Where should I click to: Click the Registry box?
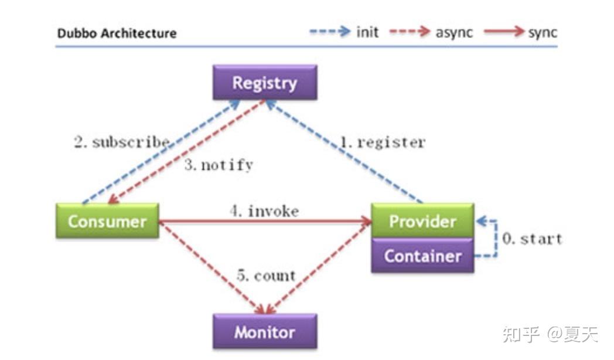tap(265, 82)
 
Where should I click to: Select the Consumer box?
tap(107, 221)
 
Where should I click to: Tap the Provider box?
tap(422, 220)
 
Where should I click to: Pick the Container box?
tap(422, 256)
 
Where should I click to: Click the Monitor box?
tap(265, 332)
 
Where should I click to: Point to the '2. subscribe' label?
tap(122, 142)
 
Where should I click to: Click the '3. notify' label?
tap(219, 165)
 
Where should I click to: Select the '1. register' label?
tap(382, 142)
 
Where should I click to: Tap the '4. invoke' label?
tap(264, 210)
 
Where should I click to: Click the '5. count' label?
tap(266, 276)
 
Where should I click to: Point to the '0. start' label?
tap(532, 238)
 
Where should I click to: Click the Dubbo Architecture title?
tap(117, 33)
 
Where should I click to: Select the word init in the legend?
tap(367, 32)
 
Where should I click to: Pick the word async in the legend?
tap(454, 32)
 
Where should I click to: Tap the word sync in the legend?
tap(543, 32)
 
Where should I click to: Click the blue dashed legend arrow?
tap(330, 31)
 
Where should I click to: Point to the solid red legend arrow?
tap(504, 31)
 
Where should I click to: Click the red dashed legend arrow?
tap(410, 31)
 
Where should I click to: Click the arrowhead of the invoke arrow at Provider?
tap(367, 221)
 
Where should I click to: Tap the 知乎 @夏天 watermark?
tap(550, 334)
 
